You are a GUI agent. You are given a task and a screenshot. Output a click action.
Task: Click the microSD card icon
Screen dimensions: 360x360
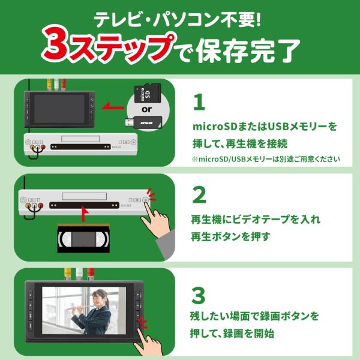[148, 93]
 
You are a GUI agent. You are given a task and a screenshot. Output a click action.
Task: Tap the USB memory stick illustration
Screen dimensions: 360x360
[143, 122]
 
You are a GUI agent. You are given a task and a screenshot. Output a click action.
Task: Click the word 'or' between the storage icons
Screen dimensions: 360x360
[147, 109]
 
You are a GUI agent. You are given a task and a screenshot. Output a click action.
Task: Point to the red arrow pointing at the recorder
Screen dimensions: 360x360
[113, 107]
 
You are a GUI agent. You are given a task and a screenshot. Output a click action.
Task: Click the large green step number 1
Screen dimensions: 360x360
[199, 102]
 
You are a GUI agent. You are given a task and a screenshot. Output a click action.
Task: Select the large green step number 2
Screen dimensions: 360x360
[199, 195]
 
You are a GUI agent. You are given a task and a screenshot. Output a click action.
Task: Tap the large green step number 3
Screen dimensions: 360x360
[199, 295]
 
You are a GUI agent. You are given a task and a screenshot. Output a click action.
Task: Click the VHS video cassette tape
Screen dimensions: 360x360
[83, 239]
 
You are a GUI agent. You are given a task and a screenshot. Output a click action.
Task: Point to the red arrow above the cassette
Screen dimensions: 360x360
[85, 214]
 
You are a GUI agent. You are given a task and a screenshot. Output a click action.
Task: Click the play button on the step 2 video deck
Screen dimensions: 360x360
[145, 200]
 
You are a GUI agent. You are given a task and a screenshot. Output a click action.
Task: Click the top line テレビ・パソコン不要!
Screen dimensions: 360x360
[178, 20]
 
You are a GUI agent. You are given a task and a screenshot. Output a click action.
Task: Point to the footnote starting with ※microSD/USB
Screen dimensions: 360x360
[266, 159]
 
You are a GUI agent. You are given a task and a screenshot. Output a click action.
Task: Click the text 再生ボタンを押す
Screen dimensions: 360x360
[230, 236]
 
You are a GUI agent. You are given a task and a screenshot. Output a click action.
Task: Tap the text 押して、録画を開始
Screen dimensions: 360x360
[232, 334]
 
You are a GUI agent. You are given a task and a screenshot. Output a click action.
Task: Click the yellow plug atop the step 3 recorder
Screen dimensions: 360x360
[68, 274]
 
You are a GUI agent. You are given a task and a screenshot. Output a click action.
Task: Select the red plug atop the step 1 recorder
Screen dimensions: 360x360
[64, 85]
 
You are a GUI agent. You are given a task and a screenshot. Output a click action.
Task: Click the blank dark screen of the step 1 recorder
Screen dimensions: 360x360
[59, 109]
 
